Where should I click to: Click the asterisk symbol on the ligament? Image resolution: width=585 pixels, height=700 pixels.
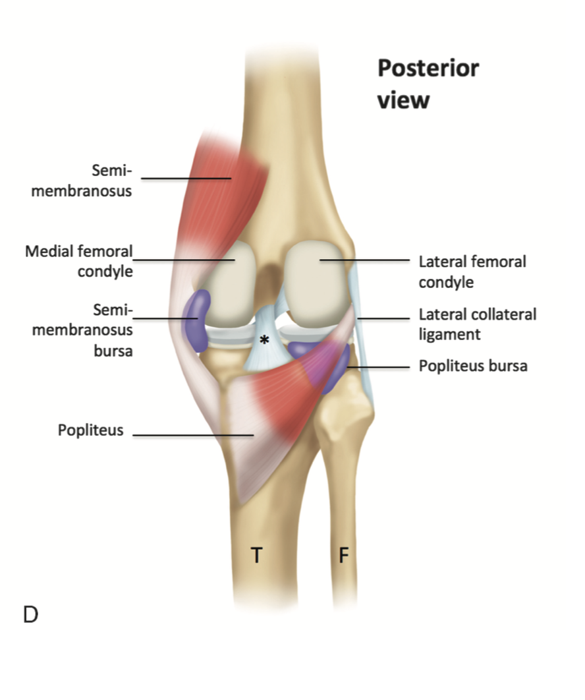(x=264, y=340)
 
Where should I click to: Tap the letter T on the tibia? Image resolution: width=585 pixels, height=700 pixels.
(x=256, y=556)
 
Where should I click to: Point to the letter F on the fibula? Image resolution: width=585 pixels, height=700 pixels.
(x=343, y=556)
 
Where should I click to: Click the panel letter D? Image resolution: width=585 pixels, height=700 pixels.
(x=30, y=614)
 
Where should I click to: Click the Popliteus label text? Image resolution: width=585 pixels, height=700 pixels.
(x=90, y=431)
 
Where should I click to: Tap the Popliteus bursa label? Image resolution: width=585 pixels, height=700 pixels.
(x=472, y=366)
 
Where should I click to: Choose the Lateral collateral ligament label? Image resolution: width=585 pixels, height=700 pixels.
(x=477, y=324)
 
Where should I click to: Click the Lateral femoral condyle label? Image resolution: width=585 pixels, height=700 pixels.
(x=472, y=272)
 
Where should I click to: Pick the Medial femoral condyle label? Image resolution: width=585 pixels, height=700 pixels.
(x=79, y=260)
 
